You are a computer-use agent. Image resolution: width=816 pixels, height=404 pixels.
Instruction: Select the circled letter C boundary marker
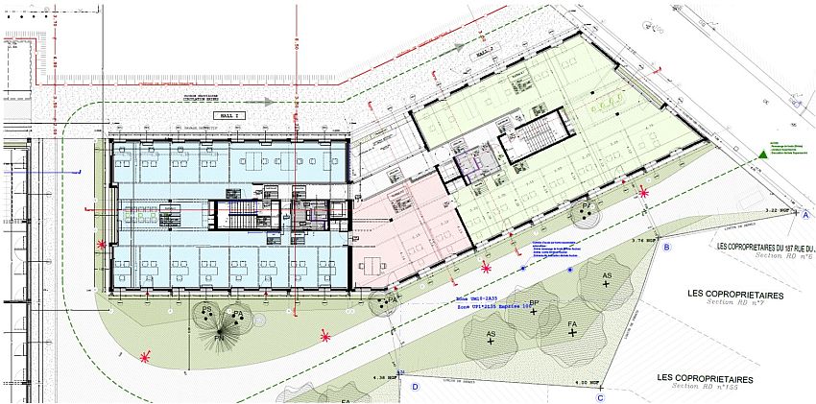(600, 396)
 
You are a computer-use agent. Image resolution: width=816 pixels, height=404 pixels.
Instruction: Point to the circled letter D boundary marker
(416, 387)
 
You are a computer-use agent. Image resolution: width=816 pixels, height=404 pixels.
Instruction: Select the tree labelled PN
(219, 336)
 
